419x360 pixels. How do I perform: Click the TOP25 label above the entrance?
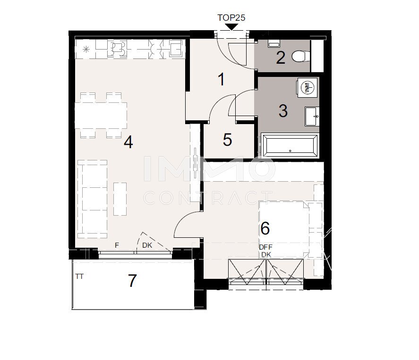pos(231,17)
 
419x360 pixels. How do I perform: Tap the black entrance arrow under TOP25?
pos(231,27)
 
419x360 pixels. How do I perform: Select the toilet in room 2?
pos(301,56)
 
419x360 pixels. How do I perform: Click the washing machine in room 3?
pos(307,88)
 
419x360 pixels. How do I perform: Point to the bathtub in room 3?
pos(290,145)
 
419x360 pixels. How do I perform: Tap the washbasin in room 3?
pos(312,117)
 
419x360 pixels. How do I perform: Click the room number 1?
pos(221,79)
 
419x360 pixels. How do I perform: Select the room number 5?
pos(227,140)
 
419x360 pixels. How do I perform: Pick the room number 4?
pos(128,142)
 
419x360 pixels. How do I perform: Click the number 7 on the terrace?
pos(132,281)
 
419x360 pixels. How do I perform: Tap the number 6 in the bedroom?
pos(265,228)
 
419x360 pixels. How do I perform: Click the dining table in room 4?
pos(101,115)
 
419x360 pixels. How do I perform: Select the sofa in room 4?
pos(93,199)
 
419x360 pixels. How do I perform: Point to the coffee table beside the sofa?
pos(120,199)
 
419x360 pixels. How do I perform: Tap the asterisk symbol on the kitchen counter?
pos(86,50)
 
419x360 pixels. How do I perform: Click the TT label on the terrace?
pos(79,277)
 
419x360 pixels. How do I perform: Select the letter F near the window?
pos(117,245)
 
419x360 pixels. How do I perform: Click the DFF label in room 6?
pos(265,247)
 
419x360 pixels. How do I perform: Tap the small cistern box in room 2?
pos(274,44)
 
